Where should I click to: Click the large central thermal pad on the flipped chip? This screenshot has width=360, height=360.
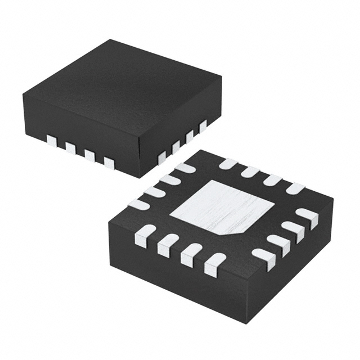tap(222, 207)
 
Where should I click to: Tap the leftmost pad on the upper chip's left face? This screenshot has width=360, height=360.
tap(52, 141)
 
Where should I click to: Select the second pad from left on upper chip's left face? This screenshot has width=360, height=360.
tap(70, 148)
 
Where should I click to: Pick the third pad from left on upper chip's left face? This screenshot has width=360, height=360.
tap(89, 155)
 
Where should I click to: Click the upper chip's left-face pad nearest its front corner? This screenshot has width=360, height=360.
tap(109, 163)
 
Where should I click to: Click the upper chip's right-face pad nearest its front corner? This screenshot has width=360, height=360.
tap(162, 157)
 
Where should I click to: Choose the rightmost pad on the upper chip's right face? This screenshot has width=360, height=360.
tap(203, 126)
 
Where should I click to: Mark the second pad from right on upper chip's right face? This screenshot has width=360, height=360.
tap(190, 136)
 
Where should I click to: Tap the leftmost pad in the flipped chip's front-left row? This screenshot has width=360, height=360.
tap(145, 235)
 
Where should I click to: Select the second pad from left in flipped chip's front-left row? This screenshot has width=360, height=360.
tap(168, 245)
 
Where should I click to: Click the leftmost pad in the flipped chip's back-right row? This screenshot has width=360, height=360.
tap(228, 164)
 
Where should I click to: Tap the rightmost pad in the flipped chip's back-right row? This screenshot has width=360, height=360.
tap(295, 188)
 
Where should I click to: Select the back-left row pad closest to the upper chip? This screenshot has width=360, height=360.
tap(184, 168)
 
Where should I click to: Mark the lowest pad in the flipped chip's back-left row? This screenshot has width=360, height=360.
tap(138, 204)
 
